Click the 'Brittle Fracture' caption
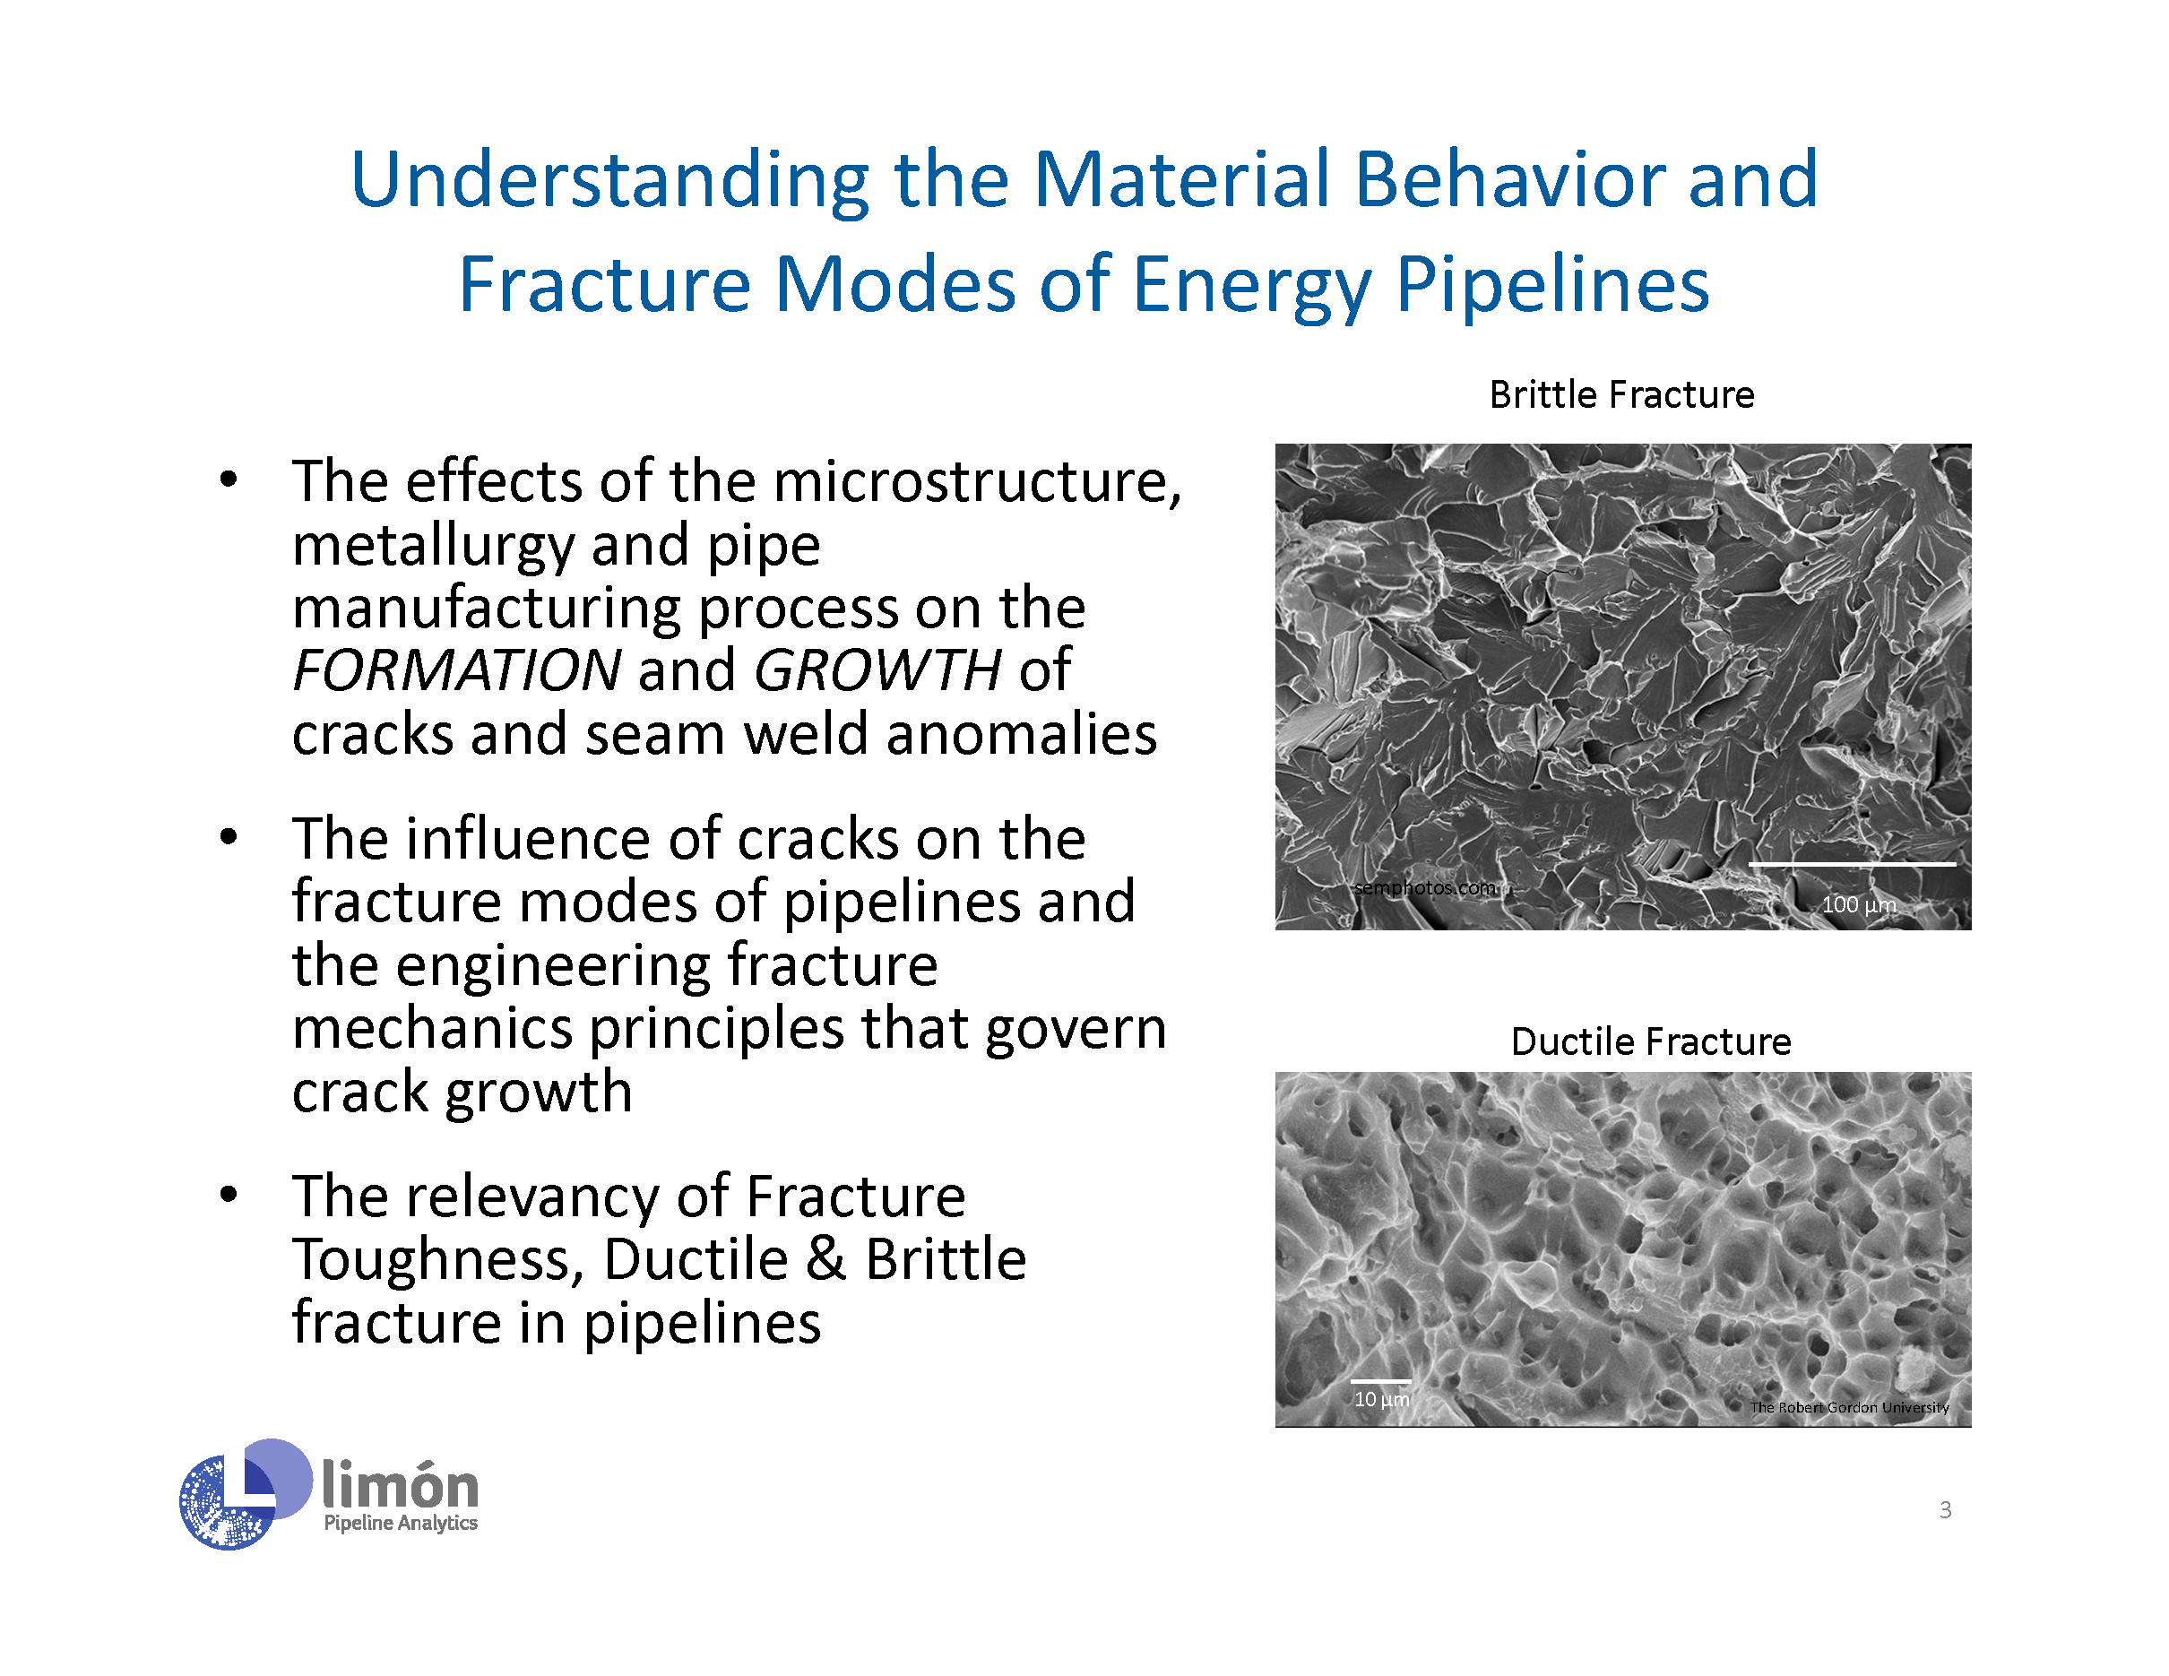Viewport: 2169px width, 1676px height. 1620,395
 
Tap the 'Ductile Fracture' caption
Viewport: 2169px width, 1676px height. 1651,1041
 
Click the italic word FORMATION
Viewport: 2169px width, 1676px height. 457,670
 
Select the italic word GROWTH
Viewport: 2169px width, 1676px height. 878,670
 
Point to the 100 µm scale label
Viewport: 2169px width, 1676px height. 1859,904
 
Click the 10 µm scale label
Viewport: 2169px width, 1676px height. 1381,1399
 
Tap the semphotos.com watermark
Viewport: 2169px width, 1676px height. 1424,887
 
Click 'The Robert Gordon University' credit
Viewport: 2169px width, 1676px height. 1849,1407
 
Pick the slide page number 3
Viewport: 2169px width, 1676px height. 1946,1510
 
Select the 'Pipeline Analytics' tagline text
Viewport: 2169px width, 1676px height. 401,1523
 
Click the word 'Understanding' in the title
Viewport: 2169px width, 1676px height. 609,182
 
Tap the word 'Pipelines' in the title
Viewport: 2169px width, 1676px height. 1552,287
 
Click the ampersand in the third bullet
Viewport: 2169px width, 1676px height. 825,1259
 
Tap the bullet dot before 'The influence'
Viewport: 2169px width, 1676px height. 229,837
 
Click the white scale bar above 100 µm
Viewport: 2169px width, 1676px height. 1853,865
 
